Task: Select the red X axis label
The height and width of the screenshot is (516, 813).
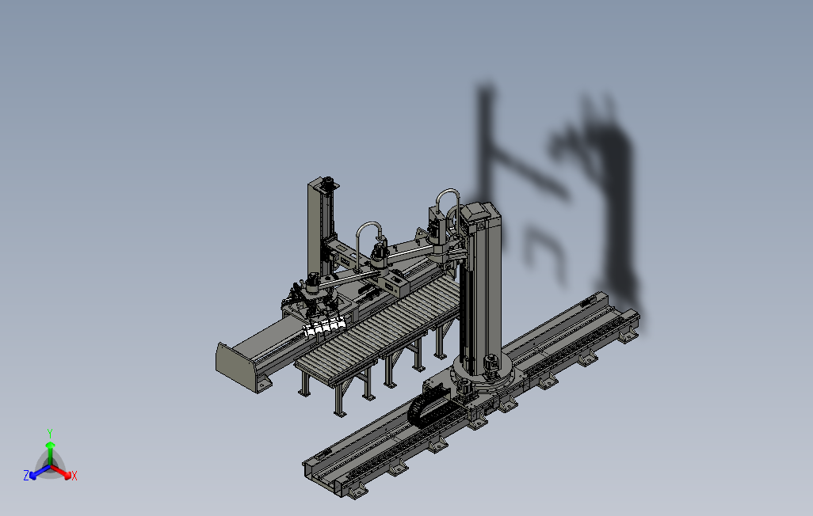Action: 74,476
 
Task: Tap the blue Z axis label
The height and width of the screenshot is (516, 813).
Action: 26,475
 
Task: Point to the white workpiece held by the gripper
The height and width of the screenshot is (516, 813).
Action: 322,328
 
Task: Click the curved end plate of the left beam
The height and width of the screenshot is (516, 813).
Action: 236,366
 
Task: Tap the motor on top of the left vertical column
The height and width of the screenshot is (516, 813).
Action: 328,183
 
